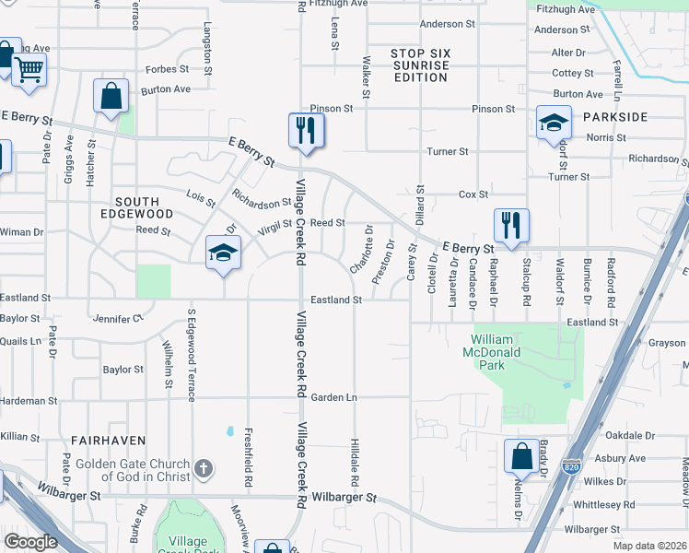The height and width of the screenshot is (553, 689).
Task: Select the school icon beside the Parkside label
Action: [x=555, y=124]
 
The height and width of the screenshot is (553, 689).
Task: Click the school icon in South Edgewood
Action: [x=222, y=253]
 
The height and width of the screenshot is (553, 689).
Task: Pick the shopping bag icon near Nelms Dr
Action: [x=521, y=456]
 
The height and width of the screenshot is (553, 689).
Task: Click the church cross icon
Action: [x=204, y=468]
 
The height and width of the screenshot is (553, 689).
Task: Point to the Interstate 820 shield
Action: [x=572, y=467]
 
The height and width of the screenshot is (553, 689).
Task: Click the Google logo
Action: [x=31, y=542]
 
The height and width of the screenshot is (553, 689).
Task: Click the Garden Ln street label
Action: [x=333, y=397]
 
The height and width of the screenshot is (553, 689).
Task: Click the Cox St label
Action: [x=473, y=194]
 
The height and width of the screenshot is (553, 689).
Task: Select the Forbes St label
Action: [x=167, y=69]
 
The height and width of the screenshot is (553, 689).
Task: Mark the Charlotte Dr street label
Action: [x=362, y=249]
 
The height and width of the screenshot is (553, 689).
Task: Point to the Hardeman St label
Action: [x=29, y=401]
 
